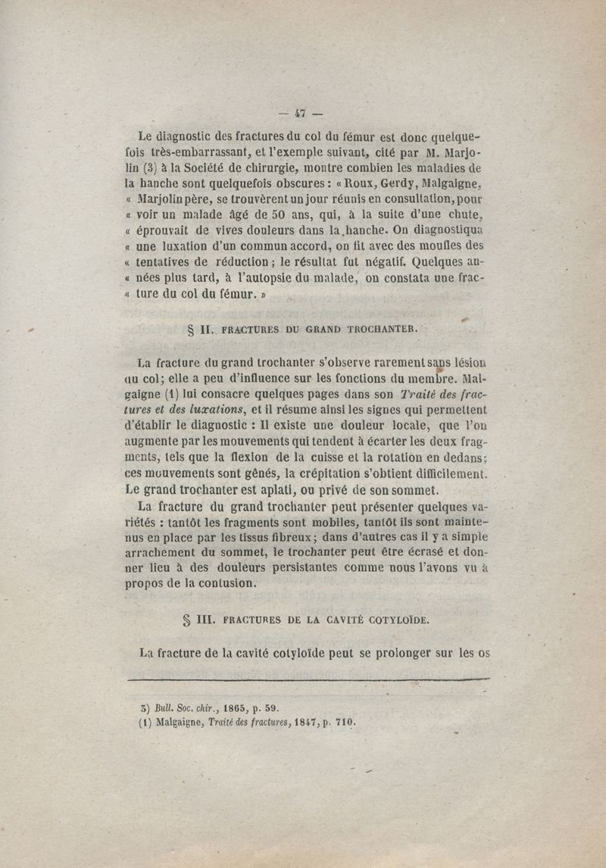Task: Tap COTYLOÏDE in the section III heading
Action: (x=392, y=619)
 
